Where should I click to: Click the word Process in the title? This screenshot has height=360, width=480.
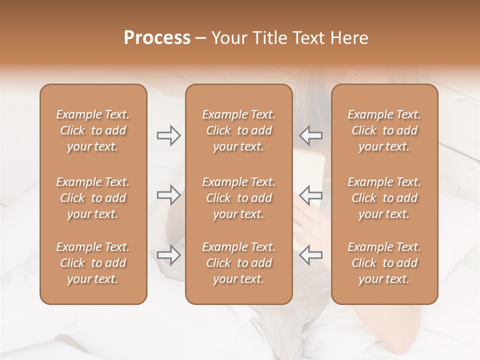pyautogui.click(x=157, y=38)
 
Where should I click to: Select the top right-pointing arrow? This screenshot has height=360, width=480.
pyautogui.click(x=168, y=135)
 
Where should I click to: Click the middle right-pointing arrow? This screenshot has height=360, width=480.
pyautogui.click(x=168, y=195)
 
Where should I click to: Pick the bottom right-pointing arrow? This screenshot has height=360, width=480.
pyautogui.click(x=168, y=255)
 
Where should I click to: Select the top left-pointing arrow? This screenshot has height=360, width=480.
pyautogui.click(x=311, y=135)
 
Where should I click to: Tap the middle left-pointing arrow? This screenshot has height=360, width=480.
pyautogui.click(x=311, y=195)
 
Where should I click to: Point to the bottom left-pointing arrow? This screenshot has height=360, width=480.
pyautogui.click(x=311, y=255)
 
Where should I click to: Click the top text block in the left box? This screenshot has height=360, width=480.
pyautogui.click(x=93, y=130)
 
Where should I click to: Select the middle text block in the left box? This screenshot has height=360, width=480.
pyautogui.click(x=93, y=198)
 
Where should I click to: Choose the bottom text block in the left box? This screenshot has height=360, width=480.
pyautogui.click(x=93, y=263)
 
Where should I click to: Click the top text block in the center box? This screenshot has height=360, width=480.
pyautogui.click(x=239, y=130)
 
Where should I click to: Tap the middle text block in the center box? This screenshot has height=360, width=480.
pyautogui.click(x=239, y=198)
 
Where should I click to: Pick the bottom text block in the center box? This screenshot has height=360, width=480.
pyautogui.click(x=239, y=263)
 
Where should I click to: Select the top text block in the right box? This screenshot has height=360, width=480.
pyautogui.click(x=384, y=130)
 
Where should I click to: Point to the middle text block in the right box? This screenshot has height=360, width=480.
pyautogui.click(x=384, y=198)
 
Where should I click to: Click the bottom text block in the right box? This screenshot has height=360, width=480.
pyautogui.click(x=384, y=263)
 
